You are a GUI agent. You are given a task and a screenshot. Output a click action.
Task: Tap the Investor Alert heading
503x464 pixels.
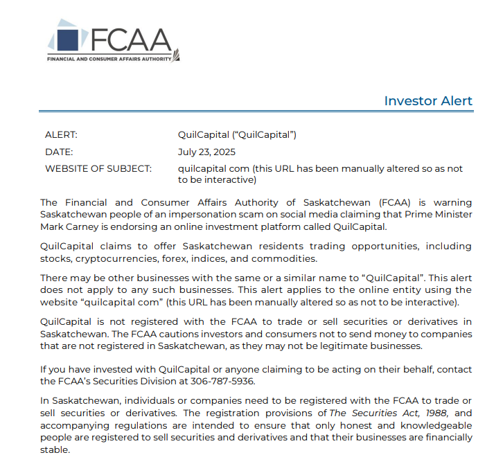pos(428,101)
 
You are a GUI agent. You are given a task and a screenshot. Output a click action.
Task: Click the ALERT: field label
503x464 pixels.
pos(61,135)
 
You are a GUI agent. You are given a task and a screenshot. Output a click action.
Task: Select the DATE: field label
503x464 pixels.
pos(59,152)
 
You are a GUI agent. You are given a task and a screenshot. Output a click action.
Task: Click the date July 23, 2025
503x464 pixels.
pos(207,152)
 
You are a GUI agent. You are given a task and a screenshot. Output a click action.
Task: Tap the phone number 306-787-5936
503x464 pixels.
pos(224,381)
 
